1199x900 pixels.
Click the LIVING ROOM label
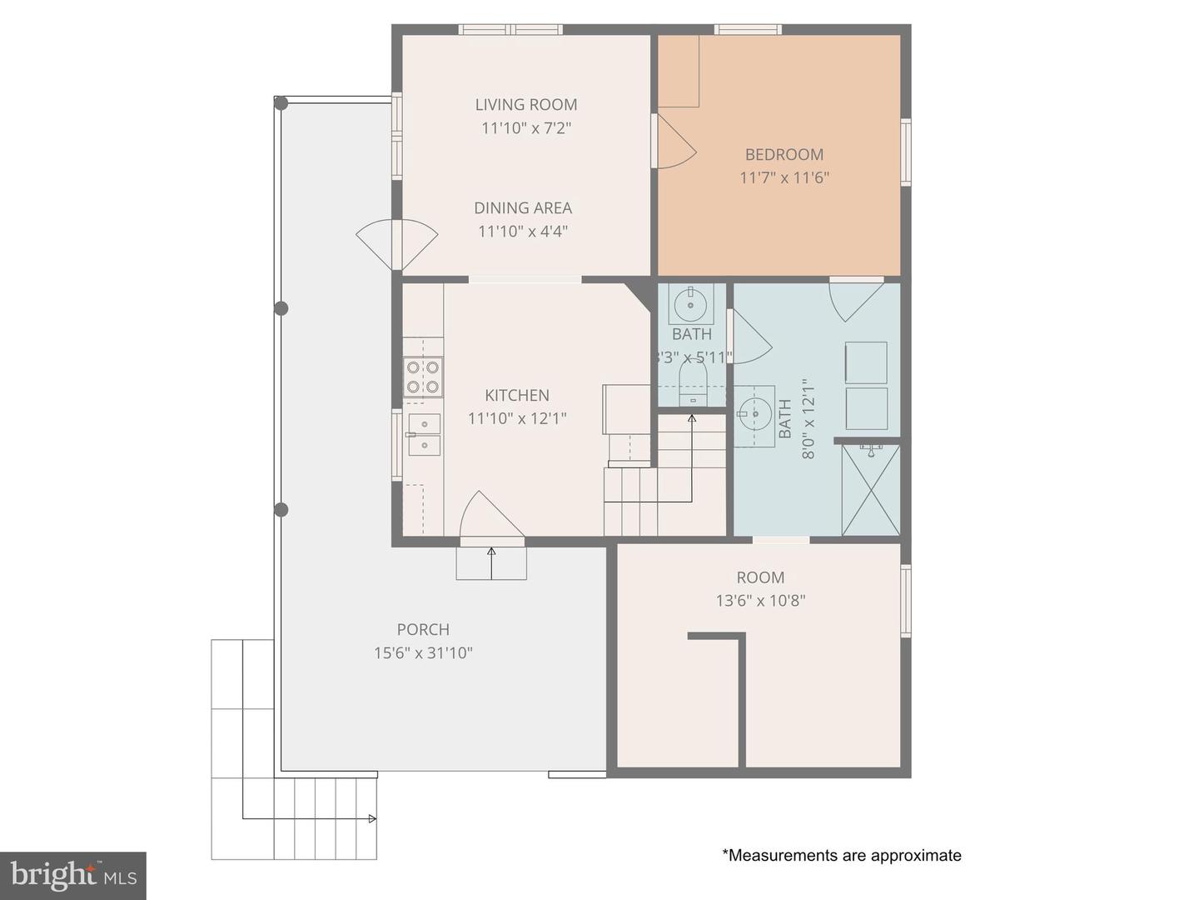coord(526,104)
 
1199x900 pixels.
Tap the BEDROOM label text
coord(784,155)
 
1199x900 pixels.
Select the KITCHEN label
coord(517,395)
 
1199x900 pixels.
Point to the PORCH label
coord(423,629)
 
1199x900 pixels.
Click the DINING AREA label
coord(523,207)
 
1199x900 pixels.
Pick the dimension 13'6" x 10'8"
coord(761,601)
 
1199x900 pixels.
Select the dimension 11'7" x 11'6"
coord(784,177)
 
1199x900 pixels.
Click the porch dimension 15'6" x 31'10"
coord(423,652)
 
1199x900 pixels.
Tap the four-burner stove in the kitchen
coord(423,377)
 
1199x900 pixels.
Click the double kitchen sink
coord(425,435)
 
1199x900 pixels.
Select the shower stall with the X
coord(871,490)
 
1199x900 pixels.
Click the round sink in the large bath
coord(754,413)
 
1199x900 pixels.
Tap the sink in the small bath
coord(691,304)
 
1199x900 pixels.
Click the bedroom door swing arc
coord(676,141)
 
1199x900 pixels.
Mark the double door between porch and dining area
coord(397,243)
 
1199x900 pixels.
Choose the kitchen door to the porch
coord(491,517)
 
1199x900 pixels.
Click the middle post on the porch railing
coord(281,308)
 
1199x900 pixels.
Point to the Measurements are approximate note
coord(842,855)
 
